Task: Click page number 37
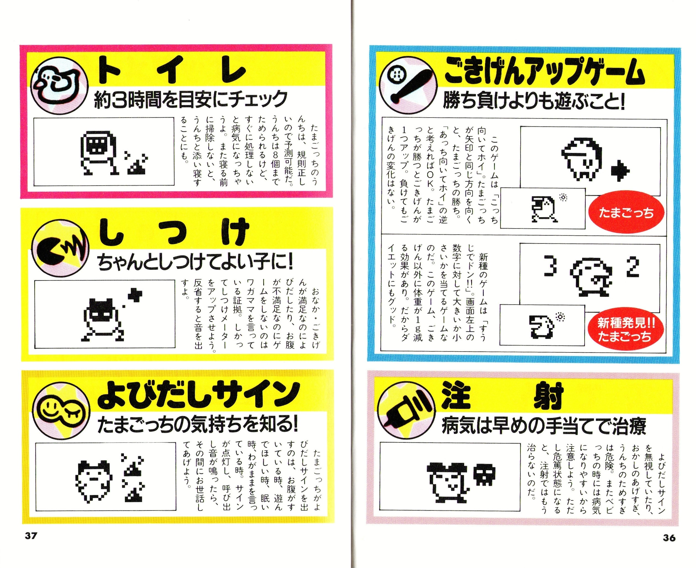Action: tap(31, 536)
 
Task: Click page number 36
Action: tap(669, 538)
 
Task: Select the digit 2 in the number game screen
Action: tap(633, 267)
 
